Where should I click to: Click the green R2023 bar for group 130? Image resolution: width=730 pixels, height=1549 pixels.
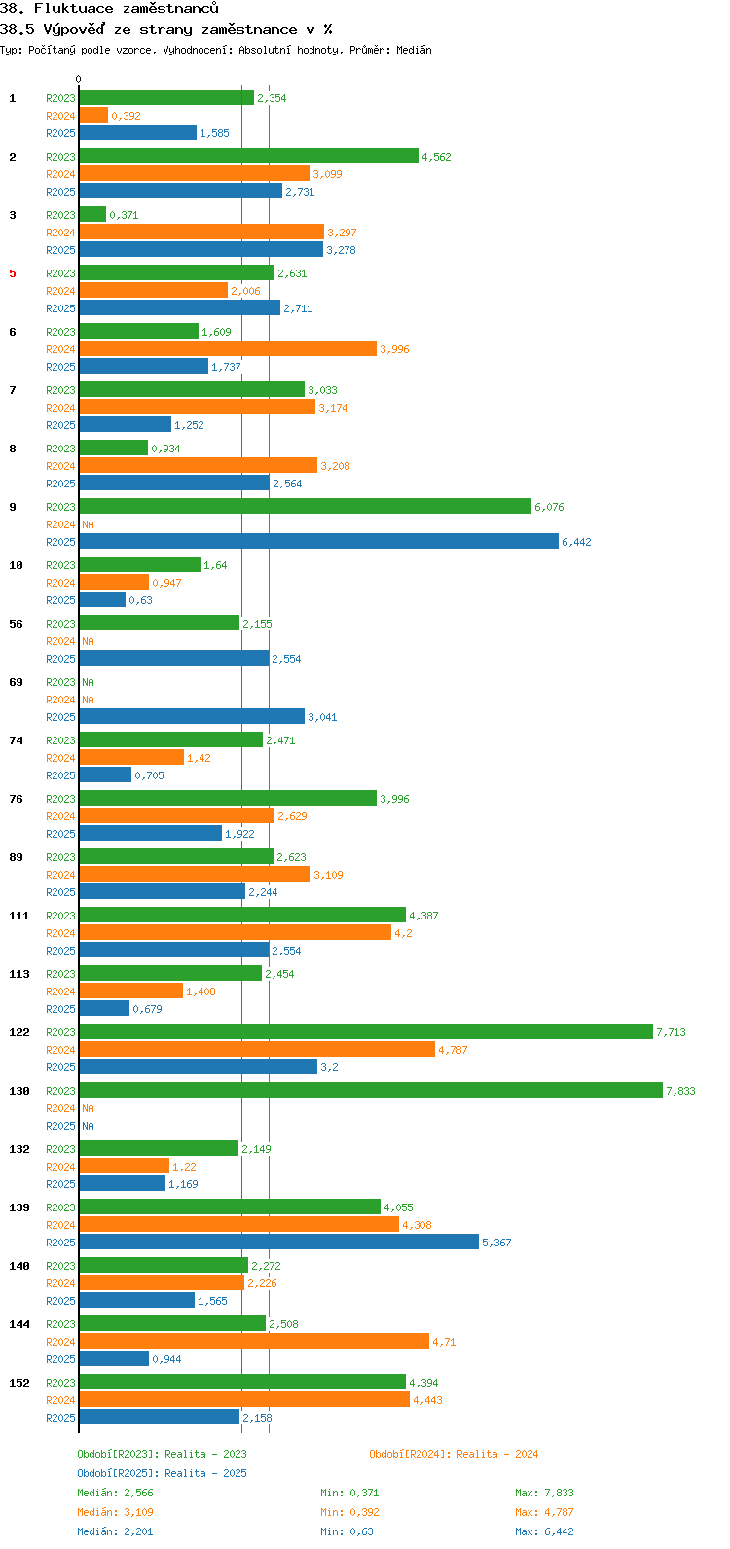click(x=370, y=1090)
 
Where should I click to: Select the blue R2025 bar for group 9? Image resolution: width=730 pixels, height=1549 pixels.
click(x=318, y=541)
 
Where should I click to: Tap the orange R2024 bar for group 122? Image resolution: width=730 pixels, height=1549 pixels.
click(x=256, y=1049)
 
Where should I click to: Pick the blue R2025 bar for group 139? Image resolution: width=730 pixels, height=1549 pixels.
click(x=278, y=1242)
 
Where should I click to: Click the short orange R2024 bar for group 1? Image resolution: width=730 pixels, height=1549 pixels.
click(x=93, y=115)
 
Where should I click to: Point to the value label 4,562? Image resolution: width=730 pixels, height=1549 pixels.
click(x=436, y=157)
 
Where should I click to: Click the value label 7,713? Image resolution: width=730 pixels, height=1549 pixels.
click(x=671, y=1032)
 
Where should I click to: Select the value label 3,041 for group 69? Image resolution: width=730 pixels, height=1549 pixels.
click(x=322, y=717)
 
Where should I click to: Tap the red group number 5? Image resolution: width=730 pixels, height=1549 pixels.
click(x=13, y=273)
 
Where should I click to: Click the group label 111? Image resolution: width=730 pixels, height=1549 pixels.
click(x=19, y=916)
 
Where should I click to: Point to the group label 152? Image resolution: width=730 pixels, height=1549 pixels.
click(x=19, y=1383)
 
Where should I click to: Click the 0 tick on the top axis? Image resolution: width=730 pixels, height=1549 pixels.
click(x=79, y=80)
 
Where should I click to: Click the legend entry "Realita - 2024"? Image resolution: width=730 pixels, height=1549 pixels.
click(x=454, y=1454)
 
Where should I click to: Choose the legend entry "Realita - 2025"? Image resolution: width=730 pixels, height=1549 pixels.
click(x=162, y=1473)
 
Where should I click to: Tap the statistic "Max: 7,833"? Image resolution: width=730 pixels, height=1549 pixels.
click(x=544, y=1493)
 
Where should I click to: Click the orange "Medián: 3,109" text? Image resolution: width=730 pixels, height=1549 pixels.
click(x=115, y=1512)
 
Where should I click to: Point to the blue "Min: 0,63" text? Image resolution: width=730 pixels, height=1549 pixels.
click(x=347, y=1531)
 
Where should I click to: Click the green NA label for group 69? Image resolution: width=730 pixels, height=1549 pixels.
click(x=88, y=682)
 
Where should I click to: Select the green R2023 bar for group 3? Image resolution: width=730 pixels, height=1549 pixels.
click(x=92, y=214)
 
